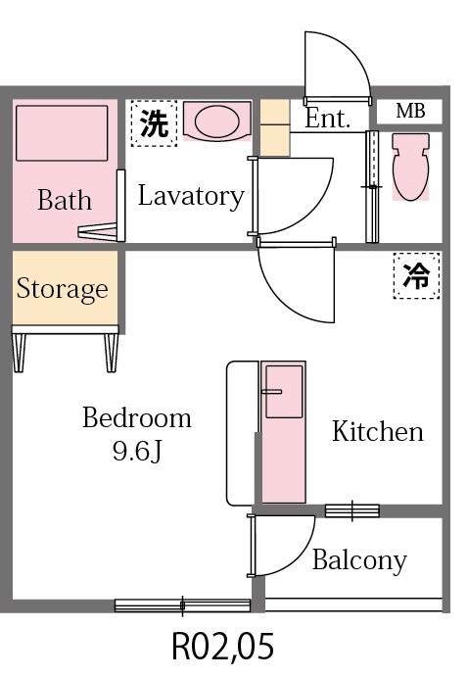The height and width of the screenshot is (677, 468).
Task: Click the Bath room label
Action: click(65, 201)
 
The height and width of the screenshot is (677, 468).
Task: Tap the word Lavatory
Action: click(190, 196)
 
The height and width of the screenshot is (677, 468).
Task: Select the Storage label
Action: click(62, 289)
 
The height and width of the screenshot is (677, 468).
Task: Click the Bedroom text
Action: click(136, 419)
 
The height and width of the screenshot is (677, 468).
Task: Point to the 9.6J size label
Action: click(137, 453)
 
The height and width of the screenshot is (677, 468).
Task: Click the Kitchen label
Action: click(377, 431)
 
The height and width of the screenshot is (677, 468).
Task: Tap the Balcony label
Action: click(358, 560)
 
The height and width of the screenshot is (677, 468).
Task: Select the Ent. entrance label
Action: click(328, 120)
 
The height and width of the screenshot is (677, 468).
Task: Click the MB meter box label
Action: click(410, 112)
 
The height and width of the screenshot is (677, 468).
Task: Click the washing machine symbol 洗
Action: click(154, 122)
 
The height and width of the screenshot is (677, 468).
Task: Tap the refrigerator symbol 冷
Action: click(416, 275)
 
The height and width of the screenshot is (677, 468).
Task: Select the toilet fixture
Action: click(409, 166)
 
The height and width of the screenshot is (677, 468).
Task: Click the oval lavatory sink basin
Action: click(215, 121)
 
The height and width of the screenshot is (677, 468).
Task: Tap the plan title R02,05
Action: click(222, 647)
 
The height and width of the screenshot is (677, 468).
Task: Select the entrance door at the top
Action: click(337, 69)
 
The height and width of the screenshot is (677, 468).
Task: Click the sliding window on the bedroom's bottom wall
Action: click(182, 604)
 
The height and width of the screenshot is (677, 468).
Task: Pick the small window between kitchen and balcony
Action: click(351, 509)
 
